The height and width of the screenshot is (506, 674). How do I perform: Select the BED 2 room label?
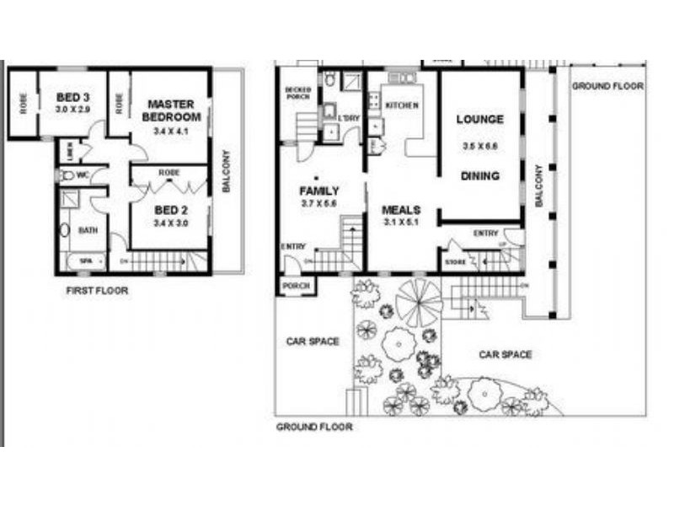[x=171, y=210]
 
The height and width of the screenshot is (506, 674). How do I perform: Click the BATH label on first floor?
[x=88, y=229]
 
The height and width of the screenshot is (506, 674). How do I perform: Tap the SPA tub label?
[x=85, y=261]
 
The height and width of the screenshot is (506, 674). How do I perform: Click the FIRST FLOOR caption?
[x=97, y=291]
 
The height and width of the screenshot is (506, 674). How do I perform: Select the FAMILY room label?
[x=319, y=191]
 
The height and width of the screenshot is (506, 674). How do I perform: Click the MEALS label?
[x=401, y=210]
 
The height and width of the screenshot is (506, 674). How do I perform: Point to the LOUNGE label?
[x=480, y=120]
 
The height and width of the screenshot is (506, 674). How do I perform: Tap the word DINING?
[x=480, y=176]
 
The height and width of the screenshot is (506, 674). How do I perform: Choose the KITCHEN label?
[x=401, y=105]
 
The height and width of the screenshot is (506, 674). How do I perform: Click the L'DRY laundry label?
[x=350, y=119]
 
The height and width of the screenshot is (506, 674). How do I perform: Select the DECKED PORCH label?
[x=298, y=93]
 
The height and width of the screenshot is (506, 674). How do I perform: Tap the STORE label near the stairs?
[x=456, y=263]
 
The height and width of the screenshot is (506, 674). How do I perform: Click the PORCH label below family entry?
[x=297, y=287]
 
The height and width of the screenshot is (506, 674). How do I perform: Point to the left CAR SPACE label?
[x=312, y=342]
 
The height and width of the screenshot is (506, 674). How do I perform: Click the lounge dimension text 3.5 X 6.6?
[x=480, y=147]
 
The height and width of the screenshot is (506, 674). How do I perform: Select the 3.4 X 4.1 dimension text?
[x=172, y=132]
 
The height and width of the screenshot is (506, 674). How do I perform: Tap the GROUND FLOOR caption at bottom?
[x=314, y=428]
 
